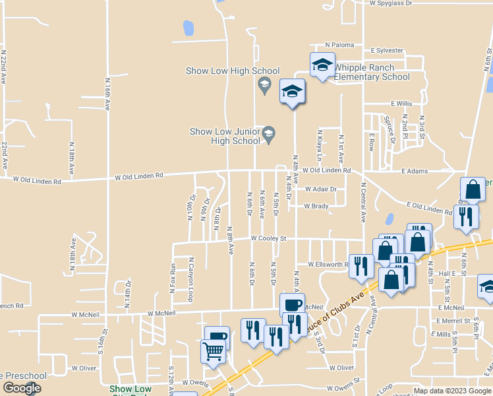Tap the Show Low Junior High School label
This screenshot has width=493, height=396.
(225, 136)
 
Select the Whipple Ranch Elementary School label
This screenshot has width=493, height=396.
(372, 72)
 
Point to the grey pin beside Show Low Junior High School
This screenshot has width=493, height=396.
(268, 135)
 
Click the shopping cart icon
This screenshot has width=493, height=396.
(212, 350)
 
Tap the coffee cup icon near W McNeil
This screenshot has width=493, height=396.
(292, 304)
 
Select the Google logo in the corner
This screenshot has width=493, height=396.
(21, 388)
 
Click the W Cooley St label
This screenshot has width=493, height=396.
(268, 238)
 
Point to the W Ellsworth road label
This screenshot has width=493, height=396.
(328, 264)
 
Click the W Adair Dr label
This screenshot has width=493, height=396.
(320, 189)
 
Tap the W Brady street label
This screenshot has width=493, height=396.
(316, 206)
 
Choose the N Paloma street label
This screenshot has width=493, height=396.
(340, 46)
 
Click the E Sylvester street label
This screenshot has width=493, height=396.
(386, 50)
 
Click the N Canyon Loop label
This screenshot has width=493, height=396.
(190, 279)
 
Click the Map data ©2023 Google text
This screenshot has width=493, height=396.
(452, 391)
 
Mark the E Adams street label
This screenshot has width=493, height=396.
(415, 171)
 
